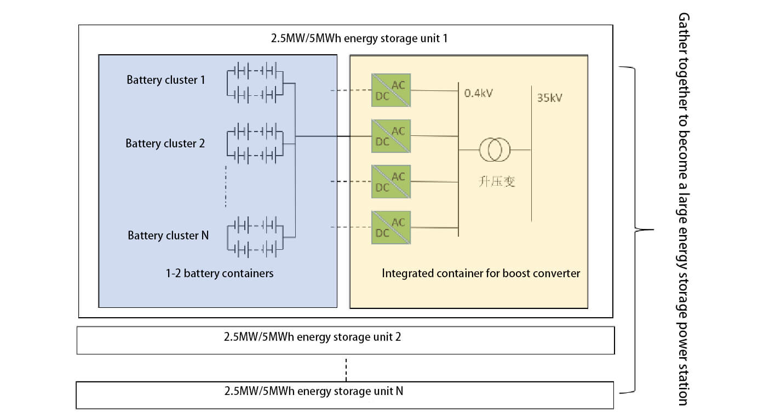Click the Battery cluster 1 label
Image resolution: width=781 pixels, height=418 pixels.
165,80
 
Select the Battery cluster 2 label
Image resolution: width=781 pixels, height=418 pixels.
165,144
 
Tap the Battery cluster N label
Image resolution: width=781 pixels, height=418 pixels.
168,236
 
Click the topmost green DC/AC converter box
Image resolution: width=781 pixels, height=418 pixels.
391,90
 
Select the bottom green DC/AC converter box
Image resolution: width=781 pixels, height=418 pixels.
391,227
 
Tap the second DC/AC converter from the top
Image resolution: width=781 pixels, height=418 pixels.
391,136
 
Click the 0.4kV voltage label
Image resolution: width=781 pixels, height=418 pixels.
478,93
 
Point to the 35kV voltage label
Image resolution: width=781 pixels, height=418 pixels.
550,99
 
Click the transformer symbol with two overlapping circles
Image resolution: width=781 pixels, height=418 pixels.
495,150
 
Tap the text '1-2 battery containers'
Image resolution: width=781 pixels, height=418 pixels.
220,273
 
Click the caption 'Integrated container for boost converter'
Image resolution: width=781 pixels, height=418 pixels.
480,273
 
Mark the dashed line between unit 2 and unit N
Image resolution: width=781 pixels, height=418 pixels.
346,369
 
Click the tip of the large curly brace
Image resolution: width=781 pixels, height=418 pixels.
652,230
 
